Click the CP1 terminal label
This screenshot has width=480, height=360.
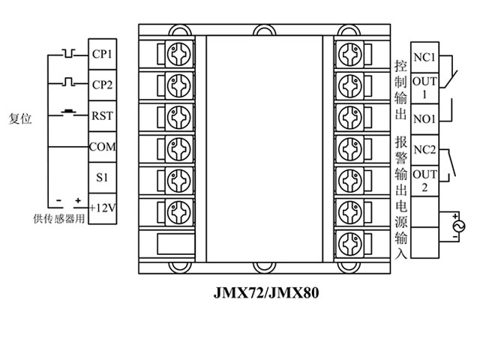tap(101, 54)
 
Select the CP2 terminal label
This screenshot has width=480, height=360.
tap(101, 85)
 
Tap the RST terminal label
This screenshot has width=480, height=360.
tap(101, 116)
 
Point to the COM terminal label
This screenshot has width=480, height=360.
tap(101, 147)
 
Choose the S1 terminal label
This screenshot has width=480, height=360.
tap(101, 178)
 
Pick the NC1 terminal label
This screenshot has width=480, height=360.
tap(424, 57)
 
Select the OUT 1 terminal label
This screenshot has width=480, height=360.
tap(424, 88)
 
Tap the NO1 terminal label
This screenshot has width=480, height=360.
tap(424, 118)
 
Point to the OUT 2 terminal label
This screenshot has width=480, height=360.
tap(424, 181)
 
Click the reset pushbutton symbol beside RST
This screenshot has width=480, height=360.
tap(68, 113)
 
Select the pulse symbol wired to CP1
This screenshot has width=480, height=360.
tap(69, 53)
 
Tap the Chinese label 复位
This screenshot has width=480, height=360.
tap(20, 118)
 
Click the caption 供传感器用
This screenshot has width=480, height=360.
tap(58, 218)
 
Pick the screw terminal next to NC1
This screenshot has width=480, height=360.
tap(349, 54)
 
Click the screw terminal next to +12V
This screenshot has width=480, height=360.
tap(177, 211)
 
